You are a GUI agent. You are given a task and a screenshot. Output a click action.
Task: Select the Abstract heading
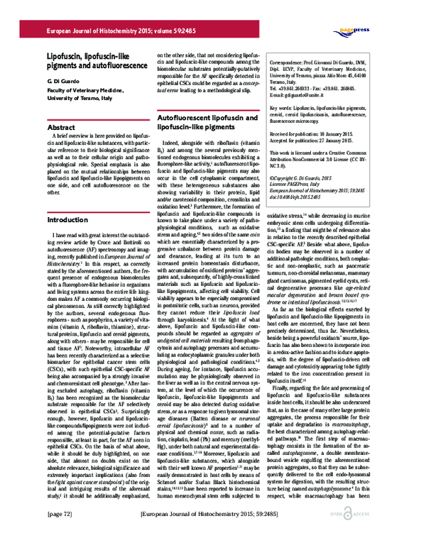click(x=62, y=127)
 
